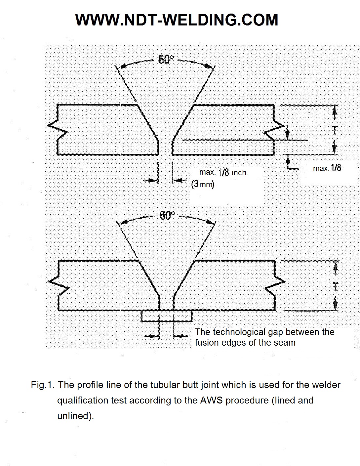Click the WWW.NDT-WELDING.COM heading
[x=177, y=20]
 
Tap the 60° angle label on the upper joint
[x=166, y=60]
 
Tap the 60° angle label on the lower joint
[x=167, y=215]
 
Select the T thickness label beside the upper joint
[x=335, y=130]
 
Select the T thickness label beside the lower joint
[x=336, y=286]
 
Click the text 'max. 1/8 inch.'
[x=224, y=172]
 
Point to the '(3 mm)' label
[x=203, y=184]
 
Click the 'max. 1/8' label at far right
[x=327, y=168]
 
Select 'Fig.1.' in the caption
[x=43, y=385]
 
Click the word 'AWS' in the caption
[x=211, y=401]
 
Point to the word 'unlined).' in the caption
[x=76, y=416]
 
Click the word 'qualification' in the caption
[x=83, y=401]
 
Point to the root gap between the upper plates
[x=165, y=148]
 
